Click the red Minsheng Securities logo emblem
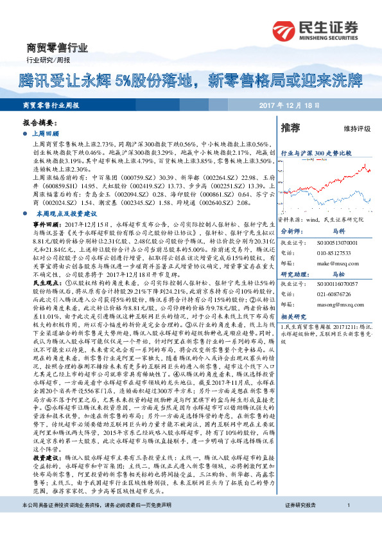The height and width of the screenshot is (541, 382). point(284,29)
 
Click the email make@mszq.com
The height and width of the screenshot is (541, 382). point(330,263)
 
